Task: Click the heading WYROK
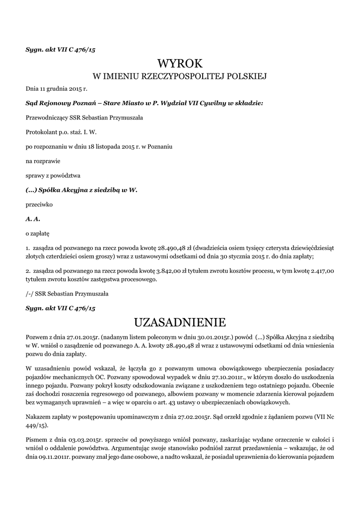180,63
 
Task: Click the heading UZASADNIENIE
180,323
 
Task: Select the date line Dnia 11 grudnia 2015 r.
56,90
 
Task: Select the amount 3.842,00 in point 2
171,271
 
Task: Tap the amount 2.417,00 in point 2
322,271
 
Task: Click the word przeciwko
39,204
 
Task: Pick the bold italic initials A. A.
33,218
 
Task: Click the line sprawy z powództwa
49,176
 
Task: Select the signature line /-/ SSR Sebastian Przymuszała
67,294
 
